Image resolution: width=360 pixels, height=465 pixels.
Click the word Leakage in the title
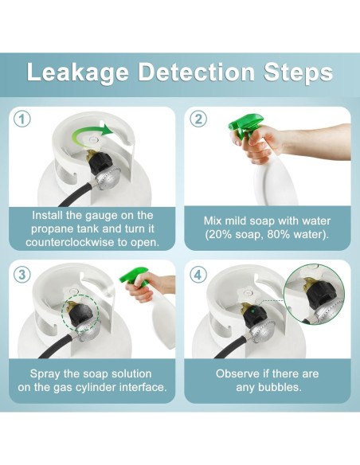(77, 73)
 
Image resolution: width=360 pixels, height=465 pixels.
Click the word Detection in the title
(196, 72)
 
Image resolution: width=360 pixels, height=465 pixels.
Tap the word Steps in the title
(298, 73)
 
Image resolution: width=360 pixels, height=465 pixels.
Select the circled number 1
(22, 119)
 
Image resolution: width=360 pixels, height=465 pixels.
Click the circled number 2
(198, 119)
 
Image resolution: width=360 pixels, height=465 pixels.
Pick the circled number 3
(22, 275)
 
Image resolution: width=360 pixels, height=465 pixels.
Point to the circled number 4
(198, 275)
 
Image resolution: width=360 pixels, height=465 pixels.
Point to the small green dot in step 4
(252, 311)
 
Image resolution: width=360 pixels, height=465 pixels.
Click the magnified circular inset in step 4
(314, 294)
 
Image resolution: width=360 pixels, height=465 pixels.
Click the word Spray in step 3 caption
(45, 374)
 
